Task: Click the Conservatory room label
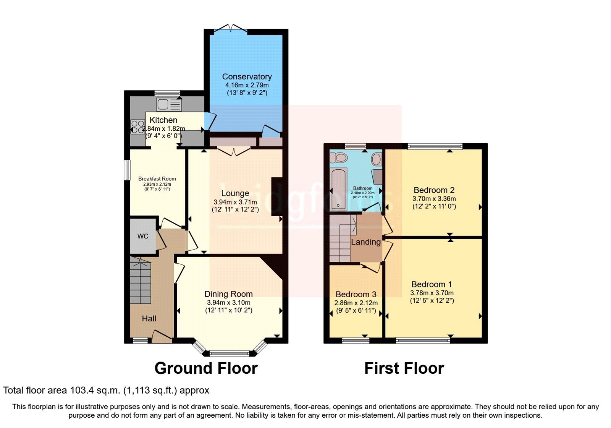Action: [x=247, y=77]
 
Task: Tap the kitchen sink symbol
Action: [x=168, y=104]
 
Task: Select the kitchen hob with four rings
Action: [x=137, y=126]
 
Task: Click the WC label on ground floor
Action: [x=143, y=236]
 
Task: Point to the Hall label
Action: [x=149, y=319]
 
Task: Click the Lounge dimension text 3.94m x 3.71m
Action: [x=235, y=202]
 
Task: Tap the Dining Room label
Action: [x=228, y=294]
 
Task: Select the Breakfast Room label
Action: [x=157, y=178]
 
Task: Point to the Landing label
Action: [x=365, y=242]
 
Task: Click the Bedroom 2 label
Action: [x=434, y=190]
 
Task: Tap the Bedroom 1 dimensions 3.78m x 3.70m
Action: [x=432, y=293]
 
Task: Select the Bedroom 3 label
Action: [x=356, y=294]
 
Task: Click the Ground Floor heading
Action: [x=206, y=368]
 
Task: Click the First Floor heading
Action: [x=404, y=368]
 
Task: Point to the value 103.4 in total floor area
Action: [x=81, y=391]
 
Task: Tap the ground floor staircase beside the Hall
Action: [x=140, y=281]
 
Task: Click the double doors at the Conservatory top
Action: [x=231, y=28]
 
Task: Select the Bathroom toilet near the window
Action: [x=339, y=157]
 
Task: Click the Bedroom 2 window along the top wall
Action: [x=435, y=146]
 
